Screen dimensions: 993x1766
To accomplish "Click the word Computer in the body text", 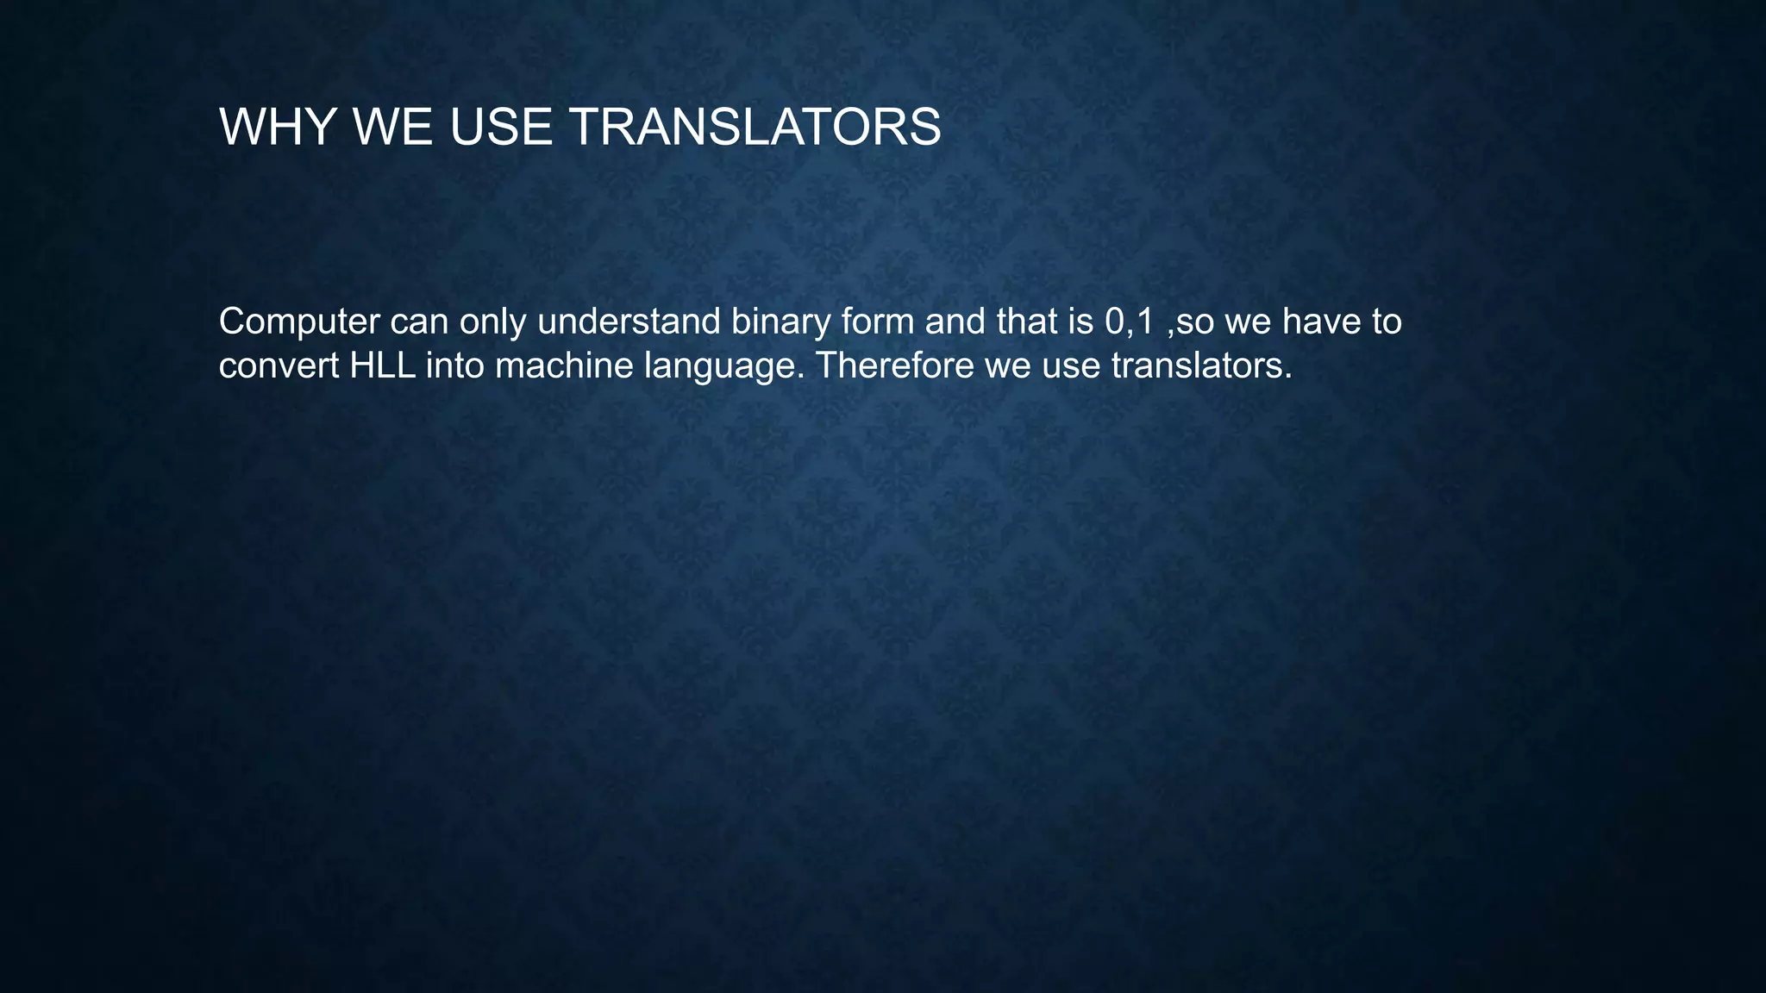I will [299, 322].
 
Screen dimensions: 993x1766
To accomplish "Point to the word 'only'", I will [493, 322].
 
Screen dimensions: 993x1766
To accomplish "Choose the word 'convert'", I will [279, 366].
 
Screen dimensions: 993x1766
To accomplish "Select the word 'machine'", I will [564, 365].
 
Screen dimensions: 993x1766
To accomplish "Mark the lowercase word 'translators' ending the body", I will [1201, 365].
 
